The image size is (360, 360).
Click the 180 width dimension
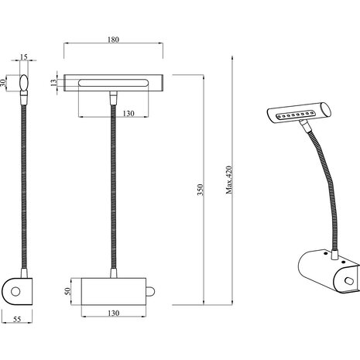tap(114, 39)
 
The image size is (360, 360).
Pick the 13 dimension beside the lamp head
tap(53, 82)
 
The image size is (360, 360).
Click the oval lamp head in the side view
tap(24, 82)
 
